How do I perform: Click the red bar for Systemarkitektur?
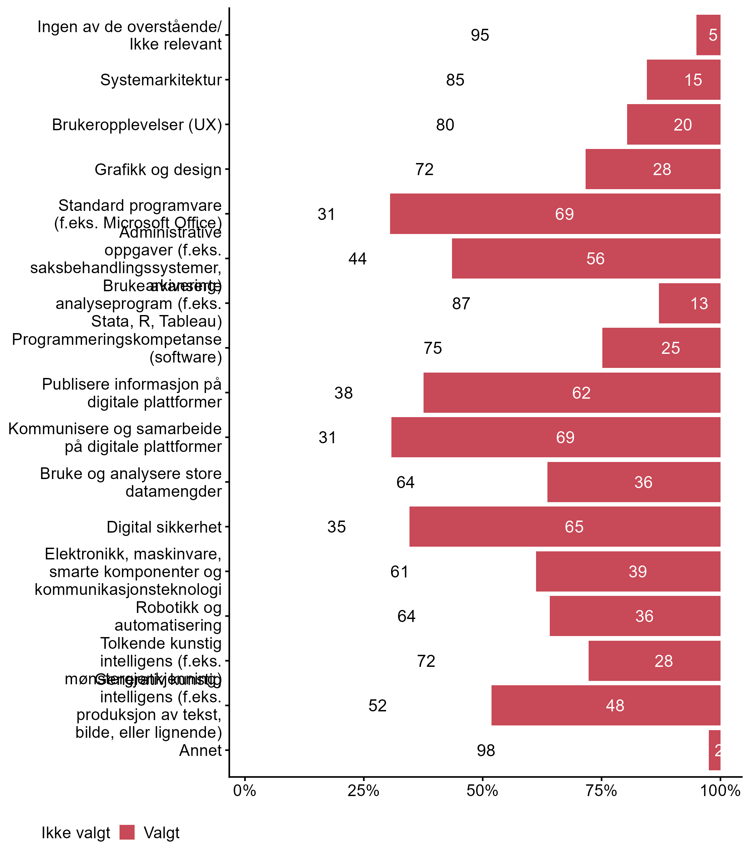click(683, 80)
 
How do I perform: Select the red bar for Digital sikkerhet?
click(565, 526)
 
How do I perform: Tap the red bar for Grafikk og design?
click(653, 169)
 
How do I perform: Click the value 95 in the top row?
click(479, 35)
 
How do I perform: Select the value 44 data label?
click(358, 258)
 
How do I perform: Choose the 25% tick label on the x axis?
click(363, 791)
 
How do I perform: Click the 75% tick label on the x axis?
click(601, 791)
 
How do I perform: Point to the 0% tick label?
click(244, 791)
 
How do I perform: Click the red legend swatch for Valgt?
click(127, 832)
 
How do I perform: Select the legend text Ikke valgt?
click(76, 833)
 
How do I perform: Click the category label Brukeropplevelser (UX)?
click(137, 125)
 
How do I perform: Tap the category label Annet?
click(200, 750)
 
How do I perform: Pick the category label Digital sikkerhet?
click(164, 527)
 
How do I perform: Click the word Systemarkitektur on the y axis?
click(161, 80)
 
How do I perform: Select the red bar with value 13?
click(689, 303)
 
